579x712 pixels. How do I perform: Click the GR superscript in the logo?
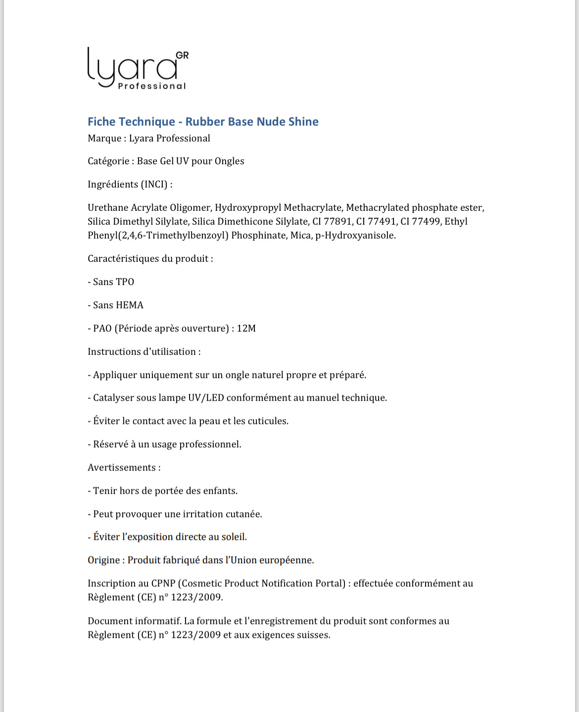pos(182,55)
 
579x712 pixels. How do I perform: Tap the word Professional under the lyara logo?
pos(152,86)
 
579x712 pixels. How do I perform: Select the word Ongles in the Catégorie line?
pos(229,161)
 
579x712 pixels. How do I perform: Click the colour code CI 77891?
pos(332,221)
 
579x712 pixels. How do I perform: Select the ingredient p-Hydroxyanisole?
pos(355,235)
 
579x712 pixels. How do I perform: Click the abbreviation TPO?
pos(125,282)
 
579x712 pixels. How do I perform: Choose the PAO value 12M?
pos(246,328)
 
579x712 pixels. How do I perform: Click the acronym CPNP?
pos(164,583)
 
